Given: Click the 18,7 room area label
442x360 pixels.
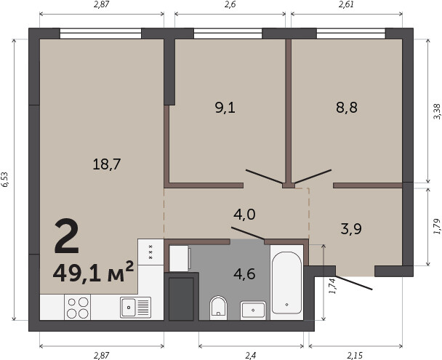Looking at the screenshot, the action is [107, 164].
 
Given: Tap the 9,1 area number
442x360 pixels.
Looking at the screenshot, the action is [225, 108].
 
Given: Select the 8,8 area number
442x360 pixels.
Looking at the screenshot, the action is [347, 108].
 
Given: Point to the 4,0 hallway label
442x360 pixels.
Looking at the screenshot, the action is [244, 215].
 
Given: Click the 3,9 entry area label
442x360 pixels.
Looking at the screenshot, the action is [351, 228].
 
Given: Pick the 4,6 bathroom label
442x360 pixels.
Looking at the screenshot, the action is [244, 273].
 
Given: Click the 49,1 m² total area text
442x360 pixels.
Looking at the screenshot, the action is [93, 272].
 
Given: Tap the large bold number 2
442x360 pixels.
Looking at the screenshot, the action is [67, 237].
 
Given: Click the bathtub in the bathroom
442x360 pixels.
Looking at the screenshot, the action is [286, 283].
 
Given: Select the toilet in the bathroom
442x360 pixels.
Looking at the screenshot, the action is [219, 308].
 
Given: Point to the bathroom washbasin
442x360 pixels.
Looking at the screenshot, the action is [253, 311].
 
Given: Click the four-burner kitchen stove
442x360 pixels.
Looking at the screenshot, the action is [78, 308].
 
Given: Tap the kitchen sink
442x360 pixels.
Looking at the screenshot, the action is [136, 307].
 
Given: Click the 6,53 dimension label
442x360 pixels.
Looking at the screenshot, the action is [5, 180].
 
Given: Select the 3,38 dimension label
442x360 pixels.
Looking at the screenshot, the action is [437, 112].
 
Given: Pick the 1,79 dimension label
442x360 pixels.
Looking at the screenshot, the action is [437, 226].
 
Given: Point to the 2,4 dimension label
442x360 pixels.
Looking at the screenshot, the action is [251, 356].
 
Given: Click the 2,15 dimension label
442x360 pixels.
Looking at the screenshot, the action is [355, 356].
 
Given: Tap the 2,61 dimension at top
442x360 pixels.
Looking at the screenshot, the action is [347, 5].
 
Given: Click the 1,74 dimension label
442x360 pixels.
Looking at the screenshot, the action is [333, 287].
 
